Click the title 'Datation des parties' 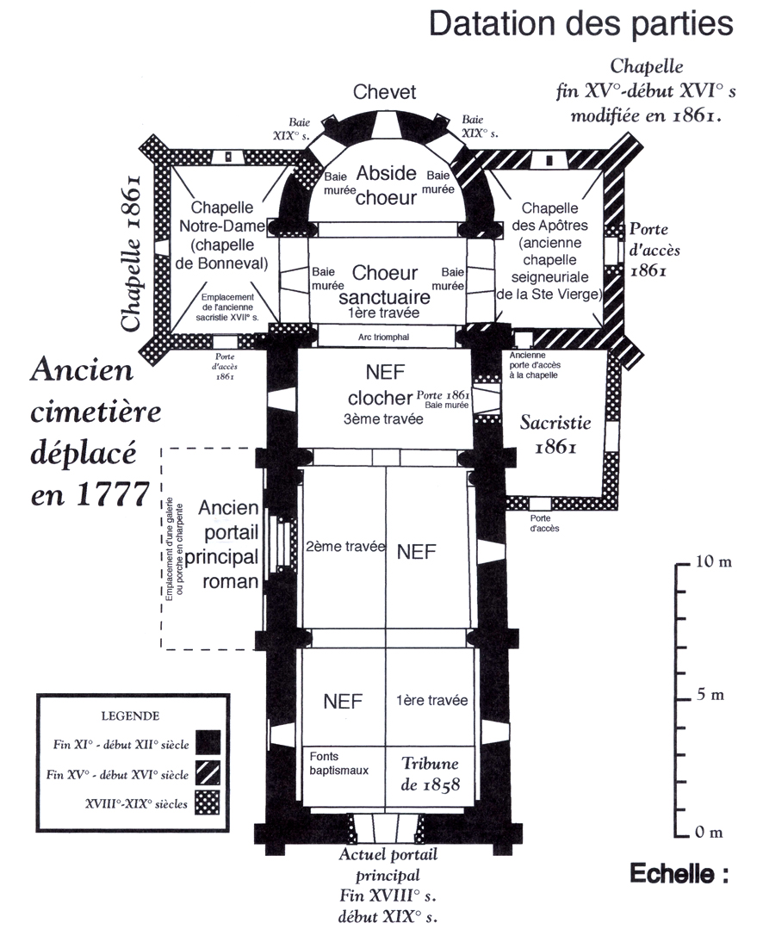pos(580,25)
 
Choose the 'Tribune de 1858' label pos(431,774)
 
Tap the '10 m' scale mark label pos(714,562)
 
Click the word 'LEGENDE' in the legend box pos(130,715)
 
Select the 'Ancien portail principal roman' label pos(229,543)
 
